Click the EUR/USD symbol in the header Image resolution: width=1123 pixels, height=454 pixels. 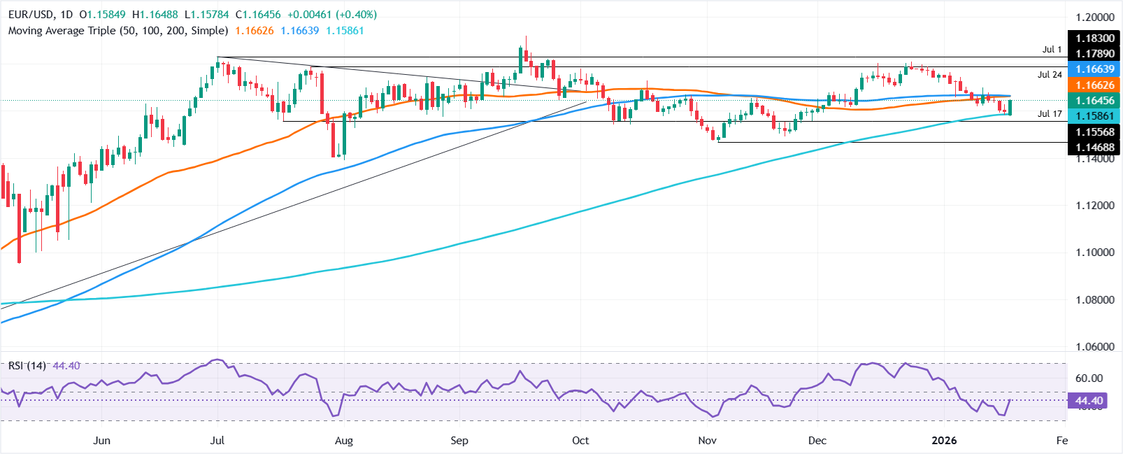pyautogui.click(x=31, y=15)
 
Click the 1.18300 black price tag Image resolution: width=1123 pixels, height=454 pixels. pyautogui.click(x=1095, y=38)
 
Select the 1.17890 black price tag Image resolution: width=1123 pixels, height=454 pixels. pyautogui.click(x=1095, y=54)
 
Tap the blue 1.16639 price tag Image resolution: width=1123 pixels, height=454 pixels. pyautogui.click(x=1095, y=69)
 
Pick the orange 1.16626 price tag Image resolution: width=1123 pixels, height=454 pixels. pyautogui.click(x=1095, y=85)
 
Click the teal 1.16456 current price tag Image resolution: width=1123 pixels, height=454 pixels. pyautogui.click(x=1095, y=101)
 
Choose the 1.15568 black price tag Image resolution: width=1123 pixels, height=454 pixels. pyautogui.click(x=1095, y=132)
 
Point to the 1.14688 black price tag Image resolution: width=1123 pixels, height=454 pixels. pyautogui.click(x=1095, y=147)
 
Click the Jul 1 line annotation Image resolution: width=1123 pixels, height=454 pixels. pyautogui.click(x=1052, y=50)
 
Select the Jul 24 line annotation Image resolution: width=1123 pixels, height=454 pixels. pyautogui.click(x=1050, y=75)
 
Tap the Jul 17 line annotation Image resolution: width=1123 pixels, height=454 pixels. pyautogui.click(x=1050, y=114)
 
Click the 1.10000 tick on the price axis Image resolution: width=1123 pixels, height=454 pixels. pyautogui.click(x=1094, y=253)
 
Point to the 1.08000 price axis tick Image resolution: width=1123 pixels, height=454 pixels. pyautogui.click(x=1094, y=300)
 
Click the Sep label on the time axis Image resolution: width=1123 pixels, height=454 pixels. pyautogui.click(x=459, y=441)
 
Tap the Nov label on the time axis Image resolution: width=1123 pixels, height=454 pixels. pyautogui.click(x=707, y=441)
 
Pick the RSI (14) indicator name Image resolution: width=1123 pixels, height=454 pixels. pyautogui.click(x=27, y=366)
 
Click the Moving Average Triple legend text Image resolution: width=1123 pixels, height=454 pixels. pyautogui.click(x=118, y=31)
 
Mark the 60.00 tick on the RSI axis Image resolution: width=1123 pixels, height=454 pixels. pyautogui.click(x=1089, y=378)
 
